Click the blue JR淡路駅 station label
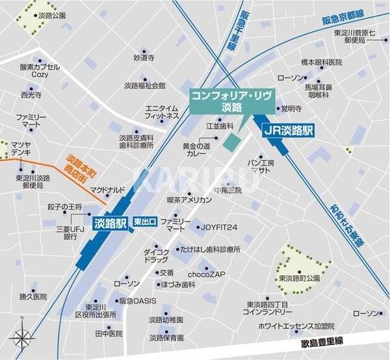coord(288,130)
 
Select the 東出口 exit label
coord(144,222)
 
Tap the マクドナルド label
coord(107,190)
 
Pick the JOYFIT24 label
coord(218,227)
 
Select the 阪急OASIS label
coord(137,301)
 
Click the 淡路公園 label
coord(52,15)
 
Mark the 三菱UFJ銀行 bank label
coord(71,233)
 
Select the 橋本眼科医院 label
coord(321,62)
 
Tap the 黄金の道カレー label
coord(197,151)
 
